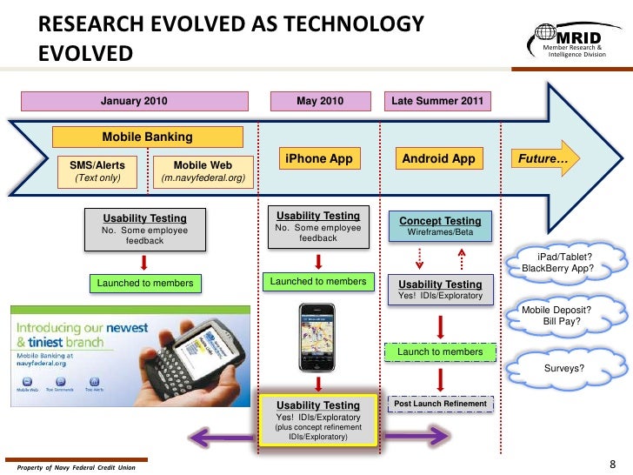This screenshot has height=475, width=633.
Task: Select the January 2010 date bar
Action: [134, 101]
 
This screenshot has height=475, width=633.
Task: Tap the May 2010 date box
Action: [319, 101]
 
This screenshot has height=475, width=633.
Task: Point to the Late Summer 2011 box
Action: [438, 101]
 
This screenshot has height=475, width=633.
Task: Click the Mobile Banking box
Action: [148, 137]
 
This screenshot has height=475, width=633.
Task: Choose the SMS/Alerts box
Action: [97, 171]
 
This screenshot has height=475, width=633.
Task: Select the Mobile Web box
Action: [203, 171]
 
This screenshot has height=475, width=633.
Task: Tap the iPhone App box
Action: [318, 159]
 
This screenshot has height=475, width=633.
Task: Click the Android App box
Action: [439, 159]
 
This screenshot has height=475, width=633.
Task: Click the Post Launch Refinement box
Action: [439, 405]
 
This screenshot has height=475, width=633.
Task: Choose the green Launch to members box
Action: [440, 351]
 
